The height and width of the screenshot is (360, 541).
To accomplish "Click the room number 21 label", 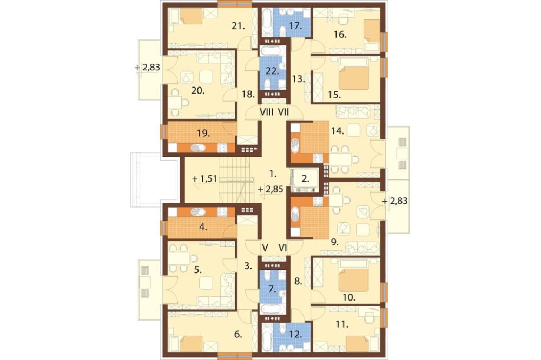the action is pos(238,25).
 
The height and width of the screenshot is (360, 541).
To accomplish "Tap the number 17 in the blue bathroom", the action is pos(295,25).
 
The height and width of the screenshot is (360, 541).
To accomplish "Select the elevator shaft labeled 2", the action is pos(305,178).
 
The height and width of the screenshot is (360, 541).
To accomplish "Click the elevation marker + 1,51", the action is pos(204,178).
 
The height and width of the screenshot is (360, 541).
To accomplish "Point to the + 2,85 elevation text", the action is pos(271,189).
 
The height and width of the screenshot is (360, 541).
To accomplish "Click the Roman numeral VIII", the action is pos(266,112).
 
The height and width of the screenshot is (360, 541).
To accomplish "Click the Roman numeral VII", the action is pos(283,112).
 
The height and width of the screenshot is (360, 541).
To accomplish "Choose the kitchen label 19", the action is pos(203,133).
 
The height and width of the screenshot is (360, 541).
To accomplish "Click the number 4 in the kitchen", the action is pos(203,227).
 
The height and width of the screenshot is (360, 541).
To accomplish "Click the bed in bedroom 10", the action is pos(354,281).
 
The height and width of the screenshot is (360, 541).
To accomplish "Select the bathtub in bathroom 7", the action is pos(273,309).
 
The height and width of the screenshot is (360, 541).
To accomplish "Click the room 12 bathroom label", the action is pos(296,334).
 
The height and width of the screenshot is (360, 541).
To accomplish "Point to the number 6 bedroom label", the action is pos(238,334).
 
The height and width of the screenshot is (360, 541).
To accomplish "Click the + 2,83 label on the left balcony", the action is pos(147,67).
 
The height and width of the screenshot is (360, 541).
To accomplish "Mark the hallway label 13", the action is pos(298,79).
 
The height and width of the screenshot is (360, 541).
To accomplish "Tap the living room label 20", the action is pos(197,90).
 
